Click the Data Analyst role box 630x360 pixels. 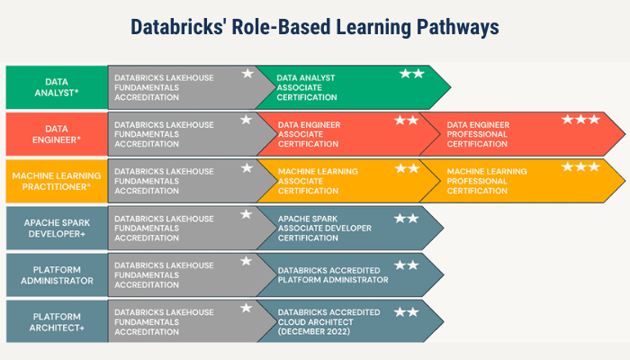pos(57,87)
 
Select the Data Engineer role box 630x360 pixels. pos(57,134)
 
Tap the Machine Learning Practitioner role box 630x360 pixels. pos(57,181)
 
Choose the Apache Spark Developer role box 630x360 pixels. pos(57,228)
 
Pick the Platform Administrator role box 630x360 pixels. pos(57,274)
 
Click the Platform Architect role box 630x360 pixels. pos(57,321)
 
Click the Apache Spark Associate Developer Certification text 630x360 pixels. pos(325,228)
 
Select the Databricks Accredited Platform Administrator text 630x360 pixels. pos(333,274)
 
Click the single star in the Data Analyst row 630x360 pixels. pos(247,73)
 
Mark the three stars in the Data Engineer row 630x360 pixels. pos(580,120)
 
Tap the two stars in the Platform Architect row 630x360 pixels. pos(406,311)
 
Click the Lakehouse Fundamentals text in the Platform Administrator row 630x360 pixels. pos(164,274)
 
